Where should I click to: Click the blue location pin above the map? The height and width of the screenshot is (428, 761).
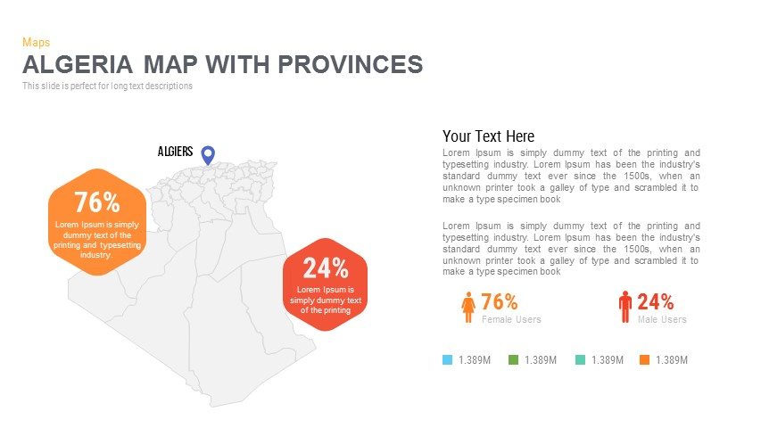tap(208, 154)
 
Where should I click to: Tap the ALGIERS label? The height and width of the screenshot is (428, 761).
tap(175, 152)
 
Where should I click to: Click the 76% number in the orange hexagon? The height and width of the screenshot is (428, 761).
tap(96, 202)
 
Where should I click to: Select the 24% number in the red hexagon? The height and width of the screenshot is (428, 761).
tap(325, 267)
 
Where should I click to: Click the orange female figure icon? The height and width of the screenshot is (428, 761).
tap(468, 308)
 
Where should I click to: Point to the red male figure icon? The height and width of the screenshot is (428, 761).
tap(625, 307)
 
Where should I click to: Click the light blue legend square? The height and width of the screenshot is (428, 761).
tap(448, 360)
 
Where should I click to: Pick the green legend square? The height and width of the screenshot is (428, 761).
tap(513, 360)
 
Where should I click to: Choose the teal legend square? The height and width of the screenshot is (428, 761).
tap(579, 360)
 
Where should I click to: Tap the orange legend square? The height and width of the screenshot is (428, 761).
tap(644, 360)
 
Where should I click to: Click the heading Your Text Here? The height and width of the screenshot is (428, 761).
tap(488, 136)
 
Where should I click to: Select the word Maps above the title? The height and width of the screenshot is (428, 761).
tap(36, 42)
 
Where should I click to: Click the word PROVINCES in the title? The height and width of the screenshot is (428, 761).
tap(350, 64)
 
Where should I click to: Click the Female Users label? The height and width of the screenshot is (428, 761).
tap(511, 319)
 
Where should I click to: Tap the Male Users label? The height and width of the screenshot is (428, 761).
tap(662, 319)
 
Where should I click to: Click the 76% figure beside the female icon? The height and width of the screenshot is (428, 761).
tap(500, 301)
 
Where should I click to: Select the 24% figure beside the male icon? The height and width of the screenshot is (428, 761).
tap(655, 301)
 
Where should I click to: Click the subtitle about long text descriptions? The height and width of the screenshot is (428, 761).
tap(107, 86)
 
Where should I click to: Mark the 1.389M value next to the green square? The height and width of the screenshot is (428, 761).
tap(541, 360)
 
